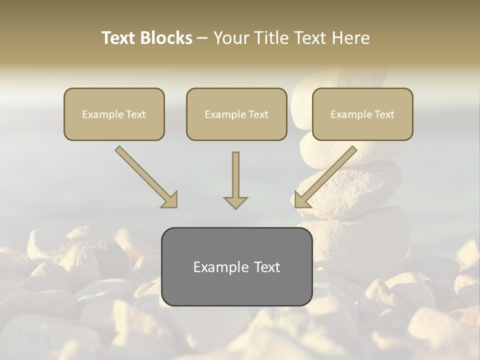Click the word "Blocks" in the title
[166, 38]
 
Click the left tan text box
[114, 114]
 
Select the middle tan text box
[236, 114]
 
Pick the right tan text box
[362, 114]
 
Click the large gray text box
[236, 266]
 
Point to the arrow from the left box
[145, 176]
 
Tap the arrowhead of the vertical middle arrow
[235, 202]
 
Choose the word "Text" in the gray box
[267, 267]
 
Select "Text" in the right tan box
[384, 114]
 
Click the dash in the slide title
[202, 38]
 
